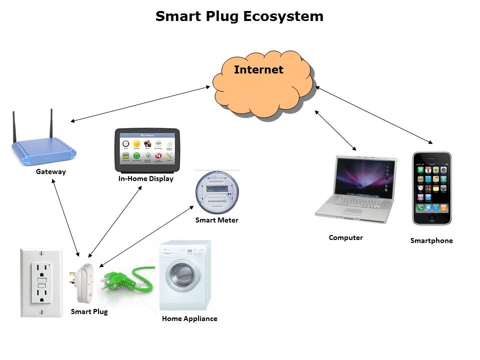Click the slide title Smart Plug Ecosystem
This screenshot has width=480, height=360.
(x=239, y=16)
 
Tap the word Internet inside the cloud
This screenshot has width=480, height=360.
(x=258, y=69)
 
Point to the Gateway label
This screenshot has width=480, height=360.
(x=50, y=172)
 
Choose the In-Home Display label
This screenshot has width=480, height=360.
(x=145, y=178)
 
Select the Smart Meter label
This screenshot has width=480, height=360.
(x=216, y=220)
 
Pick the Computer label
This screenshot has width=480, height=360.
(x=345, y=237)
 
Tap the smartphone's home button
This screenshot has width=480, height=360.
(x=432, y=218)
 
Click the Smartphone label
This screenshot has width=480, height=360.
(x=431, y=240)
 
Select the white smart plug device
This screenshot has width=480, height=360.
(x=85, y=282)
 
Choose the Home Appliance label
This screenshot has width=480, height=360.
(x=189, y=318)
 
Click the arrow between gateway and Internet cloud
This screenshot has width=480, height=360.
(x=140, y=104)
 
